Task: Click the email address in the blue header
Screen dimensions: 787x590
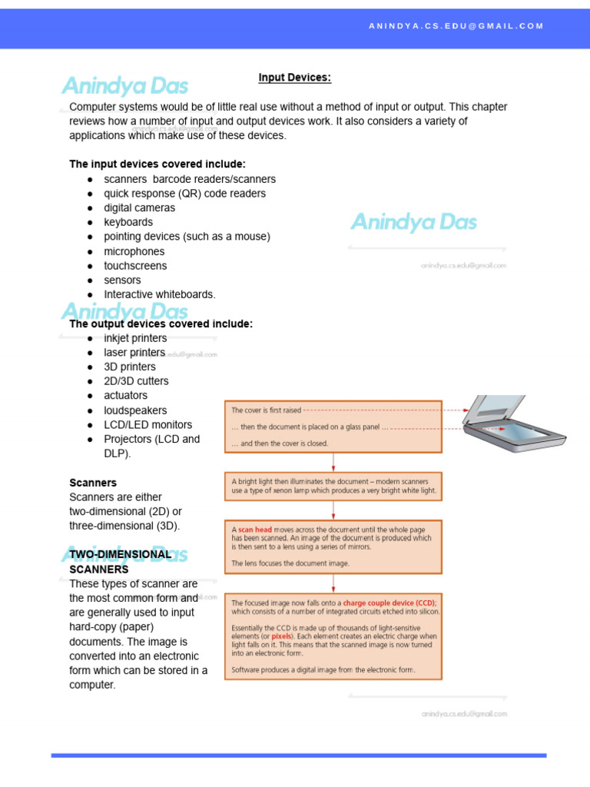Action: tap(456, 26)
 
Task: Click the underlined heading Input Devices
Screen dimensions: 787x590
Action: tap(294, 78)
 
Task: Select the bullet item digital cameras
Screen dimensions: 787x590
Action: tap(139, 208)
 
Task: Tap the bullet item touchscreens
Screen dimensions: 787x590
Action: tap(135, 265)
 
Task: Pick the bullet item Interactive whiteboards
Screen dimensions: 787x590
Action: tap(160, 294)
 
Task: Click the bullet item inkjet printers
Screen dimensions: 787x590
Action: tap(135, 338)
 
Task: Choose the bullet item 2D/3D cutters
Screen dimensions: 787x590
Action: tap(136, 381)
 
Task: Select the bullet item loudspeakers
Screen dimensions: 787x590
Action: tap(135, 410)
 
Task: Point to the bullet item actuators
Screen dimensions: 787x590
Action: tap(125, 396)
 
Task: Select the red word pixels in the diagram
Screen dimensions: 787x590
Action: tap(282, 637)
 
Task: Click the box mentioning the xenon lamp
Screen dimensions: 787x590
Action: tap(333, 486)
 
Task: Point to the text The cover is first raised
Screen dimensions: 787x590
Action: tap(267, 410)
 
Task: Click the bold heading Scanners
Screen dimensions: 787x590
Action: tap(93, 483)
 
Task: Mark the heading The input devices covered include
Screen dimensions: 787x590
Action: tap(157, 164)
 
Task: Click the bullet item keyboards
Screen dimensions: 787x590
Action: tap(128, 222)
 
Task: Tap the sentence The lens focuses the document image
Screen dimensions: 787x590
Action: tap(290, 563)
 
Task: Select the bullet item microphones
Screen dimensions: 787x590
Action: tap(134, 251)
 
